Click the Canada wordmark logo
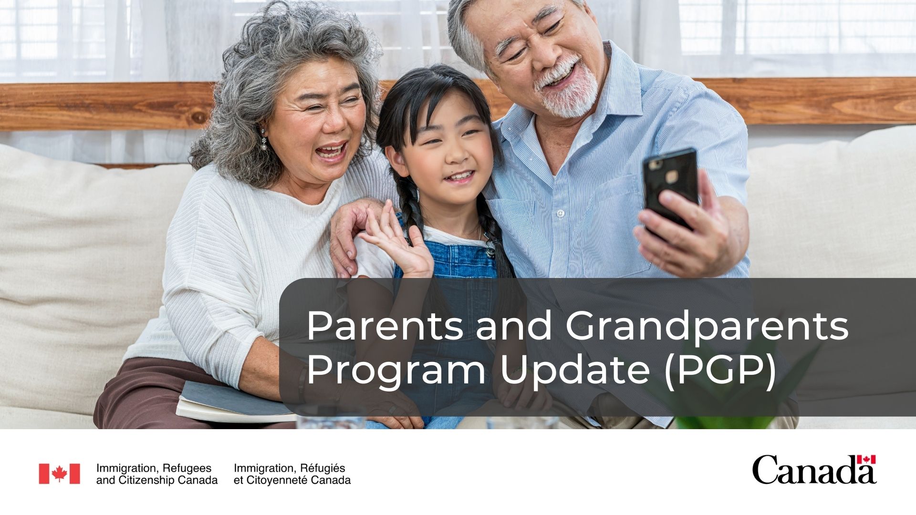tap(814, 469)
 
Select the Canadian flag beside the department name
tap(59, 474)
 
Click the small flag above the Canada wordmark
tap(866, 459)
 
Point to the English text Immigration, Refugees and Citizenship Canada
tap(157, 474)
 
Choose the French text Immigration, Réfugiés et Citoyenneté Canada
tap(292, 474)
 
